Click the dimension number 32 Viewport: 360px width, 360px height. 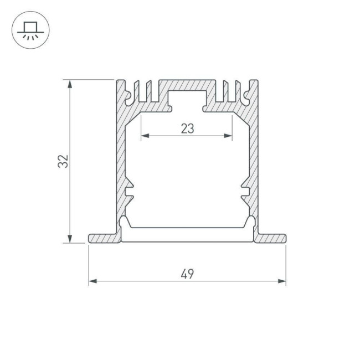click(x=65, y=161)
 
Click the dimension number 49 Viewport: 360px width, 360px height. click(x=187, y=273)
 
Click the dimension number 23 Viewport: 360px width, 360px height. click(x=187, y=128)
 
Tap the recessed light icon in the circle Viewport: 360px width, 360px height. click(x=30, y=30)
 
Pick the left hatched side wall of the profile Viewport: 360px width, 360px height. click(x=120, y=161)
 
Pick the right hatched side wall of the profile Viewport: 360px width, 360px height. click(x=254, y=161)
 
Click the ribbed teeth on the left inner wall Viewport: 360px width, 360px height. click(x=130, y=191)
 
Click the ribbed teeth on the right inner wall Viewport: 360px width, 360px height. click(x=244, y=191)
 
